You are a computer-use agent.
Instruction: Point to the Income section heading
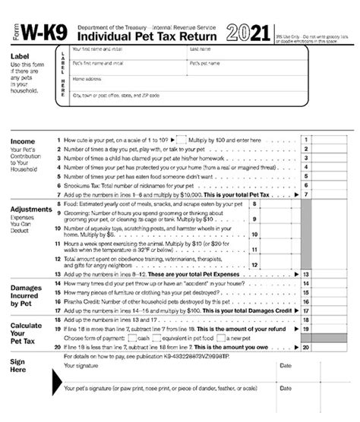tap(24, 142)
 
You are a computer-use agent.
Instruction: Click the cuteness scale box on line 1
tap(180, 140)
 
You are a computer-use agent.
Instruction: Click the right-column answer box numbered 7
tap(305, 196)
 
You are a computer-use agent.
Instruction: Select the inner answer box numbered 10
tap(255, 235)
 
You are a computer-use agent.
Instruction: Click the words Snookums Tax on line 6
tap(87, 185)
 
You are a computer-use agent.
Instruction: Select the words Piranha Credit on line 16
tap(86, 301)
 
